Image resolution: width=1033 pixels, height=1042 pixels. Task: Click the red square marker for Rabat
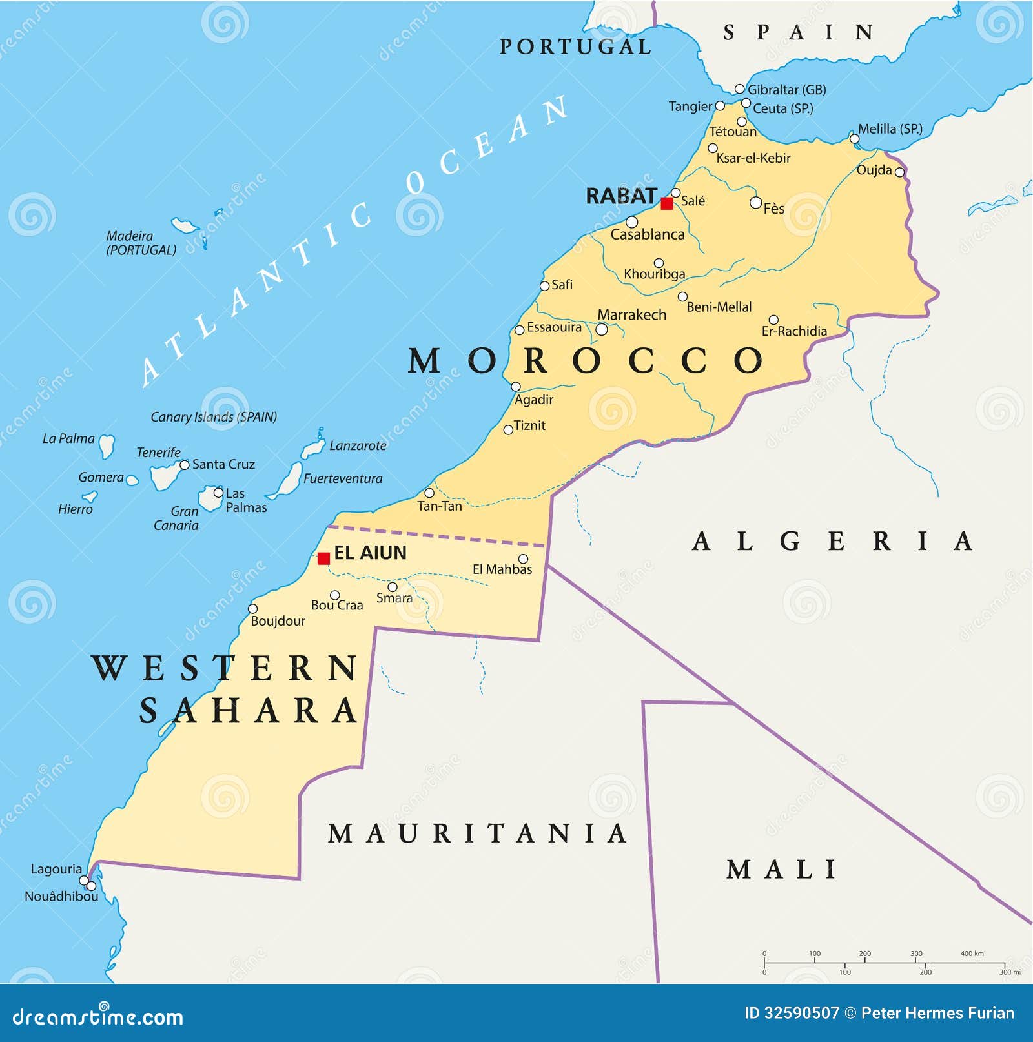667,203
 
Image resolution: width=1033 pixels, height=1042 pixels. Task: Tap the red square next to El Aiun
323,558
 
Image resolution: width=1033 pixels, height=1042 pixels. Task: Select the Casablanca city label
648,234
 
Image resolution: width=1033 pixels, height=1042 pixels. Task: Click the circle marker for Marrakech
601,329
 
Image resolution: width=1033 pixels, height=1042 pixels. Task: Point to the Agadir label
534,400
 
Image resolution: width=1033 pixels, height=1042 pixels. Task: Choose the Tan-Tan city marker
429,493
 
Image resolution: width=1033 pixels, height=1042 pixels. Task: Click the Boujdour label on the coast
278,621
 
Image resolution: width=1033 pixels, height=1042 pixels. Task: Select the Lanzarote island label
358,445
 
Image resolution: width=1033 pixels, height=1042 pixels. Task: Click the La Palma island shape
107,445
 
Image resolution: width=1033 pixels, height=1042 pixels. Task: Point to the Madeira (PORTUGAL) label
141,243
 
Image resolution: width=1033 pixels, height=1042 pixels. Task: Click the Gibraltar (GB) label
786,90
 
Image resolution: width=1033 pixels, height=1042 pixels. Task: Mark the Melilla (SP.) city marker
854,139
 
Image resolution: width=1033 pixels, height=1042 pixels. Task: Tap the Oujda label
874,170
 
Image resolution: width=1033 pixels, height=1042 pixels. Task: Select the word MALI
781,870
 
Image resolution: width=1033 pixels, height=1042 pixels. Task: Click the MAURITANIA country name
478,833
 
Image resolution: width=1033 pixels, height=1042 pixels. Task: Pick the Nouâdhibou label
61,897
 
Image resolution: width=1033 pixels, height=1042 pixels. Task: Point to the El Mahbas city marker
523,559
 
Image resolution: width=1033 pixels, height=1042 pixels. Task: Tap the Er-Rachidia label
794,331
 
